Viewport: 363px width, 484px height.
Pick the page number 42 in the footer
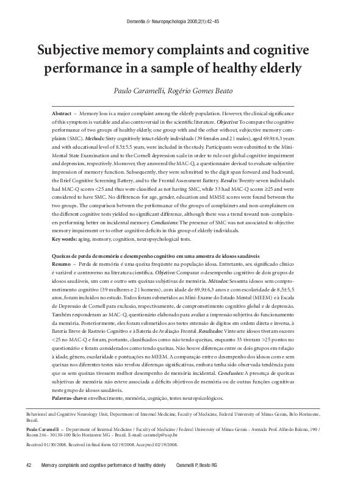click(28, 466)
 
